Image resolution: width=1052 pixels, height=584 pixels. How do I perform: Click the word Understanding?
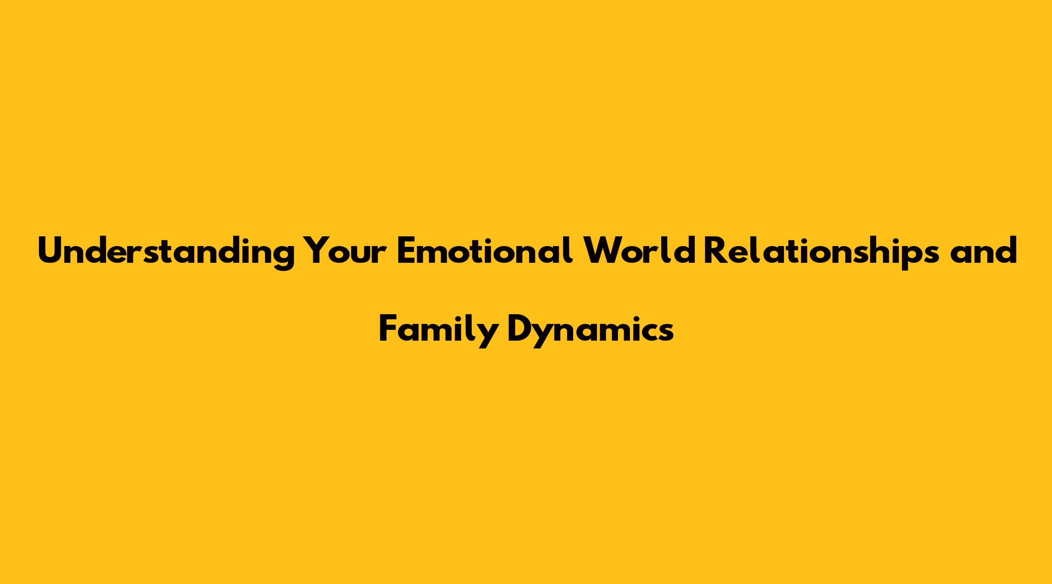point(166,252)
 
